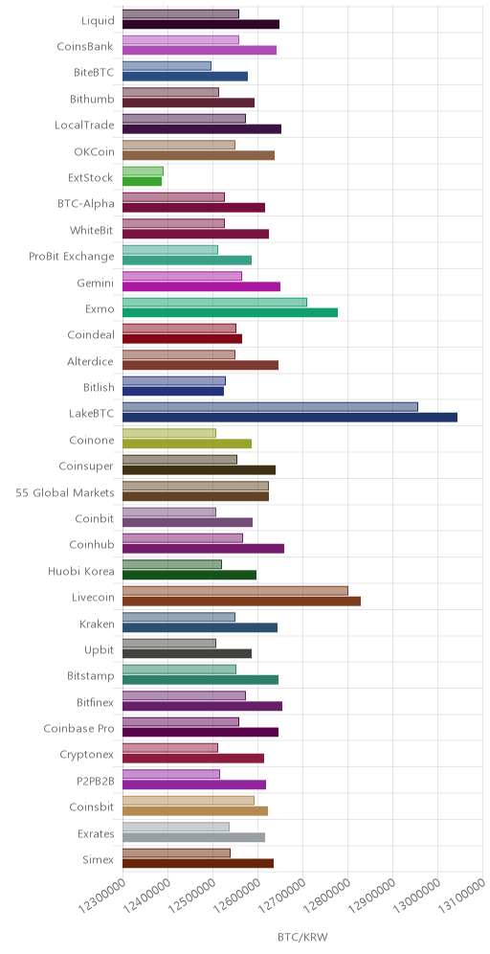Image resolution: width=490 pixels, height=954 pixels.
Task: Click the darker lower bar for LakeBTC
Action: point(290,418)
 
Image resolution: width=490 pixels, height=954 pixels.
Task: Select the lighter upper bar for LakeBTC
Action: point(271,407)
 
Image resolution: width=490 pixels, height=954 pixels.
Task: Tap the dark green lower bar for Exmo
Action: point(231,312)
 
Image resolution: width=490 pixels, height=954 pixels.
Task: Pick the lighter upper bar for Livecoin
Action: point(235,591)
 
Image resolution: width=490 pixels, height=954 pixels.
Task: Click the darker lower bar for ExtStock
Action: point(143,181)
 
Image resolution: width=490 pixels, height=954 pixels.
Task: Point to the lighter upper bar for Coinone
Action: point(169,433)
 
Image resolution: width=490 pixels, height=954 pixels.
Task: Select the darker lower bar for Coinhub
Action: point(204,549)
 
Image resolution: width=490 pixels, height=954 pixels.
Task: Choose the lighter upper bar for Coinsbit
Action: point(189,801)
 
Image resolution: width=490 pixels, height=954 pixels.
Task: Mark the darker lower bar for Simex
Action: point(198,863)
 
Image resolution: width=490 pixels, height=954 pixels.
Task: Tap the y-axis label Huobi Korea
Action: point(81,571)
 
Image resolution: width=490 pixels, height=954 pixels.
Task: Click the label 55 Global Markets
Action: point(65,493)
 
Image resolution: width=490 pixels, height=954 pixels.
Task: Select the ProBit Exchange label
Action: point(72,257)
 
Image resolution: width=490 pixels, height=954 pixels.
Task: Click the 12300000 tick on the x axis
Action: point(101,895)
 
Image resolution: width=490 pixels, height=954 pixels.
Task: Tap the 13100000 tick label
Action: point(461,895)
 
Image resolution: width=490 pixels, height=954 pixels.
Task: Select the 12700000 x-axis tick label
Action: point(281,895)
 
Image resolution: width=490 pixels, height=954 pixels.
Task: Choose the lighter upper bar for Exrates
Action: point(176,827)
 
